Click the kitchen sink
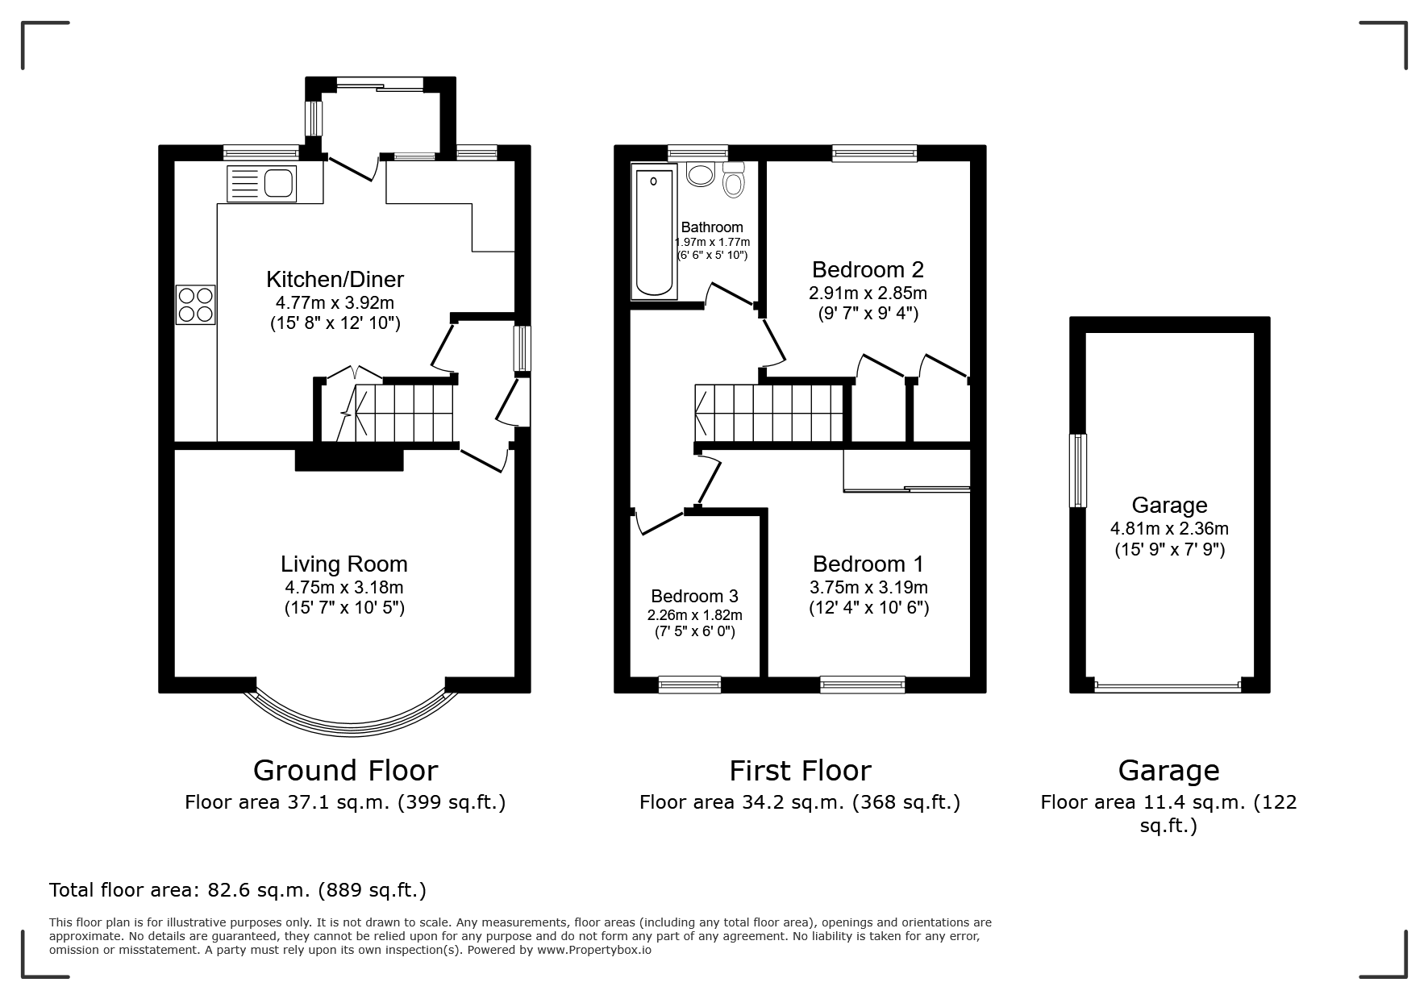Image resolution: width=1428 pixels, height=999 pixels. pos(262,183)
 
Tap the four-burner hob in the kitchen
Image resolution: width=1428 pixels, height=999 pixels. pos(196,305)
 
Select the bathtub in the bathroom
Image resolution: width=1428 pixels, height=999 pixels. pos(654,232)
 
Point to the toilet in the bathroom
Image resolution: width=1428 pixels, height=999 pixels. pos(733,180)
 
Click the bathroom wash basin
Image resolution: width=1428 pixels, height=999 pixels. pos(699,173)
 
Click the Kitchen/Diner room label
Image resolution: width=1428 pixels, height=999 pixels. pos(335,280)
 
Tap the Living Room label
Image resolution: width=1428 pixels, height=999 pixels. pos(344,564)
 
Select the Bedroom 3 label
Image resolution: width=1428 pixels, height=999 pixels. pos(694,596)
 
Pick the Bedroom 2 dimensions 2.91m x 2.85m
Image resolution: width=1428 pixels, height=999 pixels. pos(868,293)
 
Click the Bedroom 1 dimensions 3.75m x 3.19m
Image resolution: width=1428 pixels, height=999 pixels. pos(868,587)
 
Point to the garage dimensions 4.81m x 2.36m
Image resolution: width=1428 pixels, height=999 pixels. pos(1169,529)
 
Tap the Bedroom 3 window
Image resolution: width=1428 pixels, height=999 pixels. pos(689,685)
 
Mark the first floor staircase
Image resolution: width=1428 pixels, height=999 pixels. pos(769,412)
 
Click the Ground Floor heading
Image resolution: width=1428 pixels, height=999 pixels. pos(345,771)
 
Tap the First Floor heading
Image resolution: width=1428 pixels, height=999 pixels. pos(800,771)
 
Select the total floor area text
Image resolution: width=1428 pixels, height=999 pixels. pos(238,890)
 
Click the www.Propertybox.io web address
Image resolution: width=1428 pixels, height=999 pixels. pos(594,950)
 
